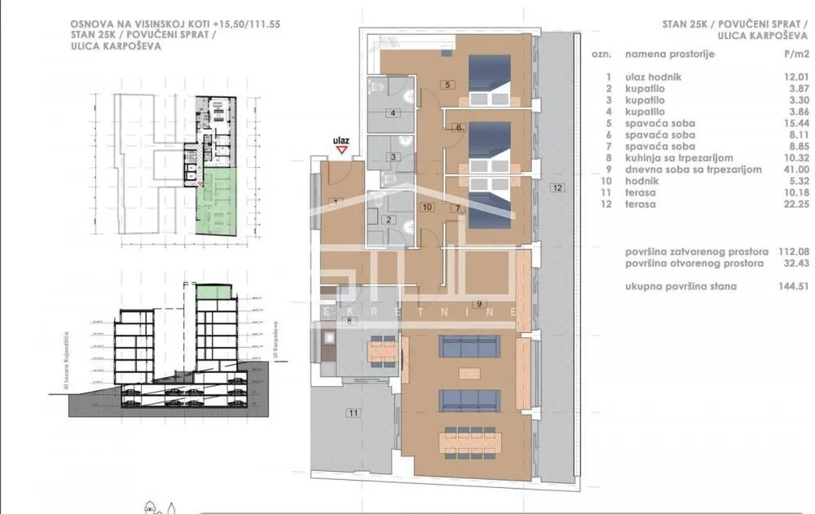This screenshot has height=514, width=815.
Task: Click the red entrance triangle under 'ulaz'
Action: [342, 150]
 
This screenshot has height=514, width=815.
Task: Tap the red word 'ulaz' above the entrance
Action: [342, 140]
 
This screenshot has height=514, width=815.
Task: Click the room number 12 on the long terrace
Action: [557, 188]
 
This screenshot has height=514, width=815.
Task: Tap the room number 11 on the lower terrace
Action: [352, 413]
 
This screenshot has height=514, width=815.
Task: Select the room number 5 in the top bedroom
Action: [447, 84]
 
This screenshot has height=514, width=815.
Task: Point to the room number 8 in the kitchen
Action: [349, 321]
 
